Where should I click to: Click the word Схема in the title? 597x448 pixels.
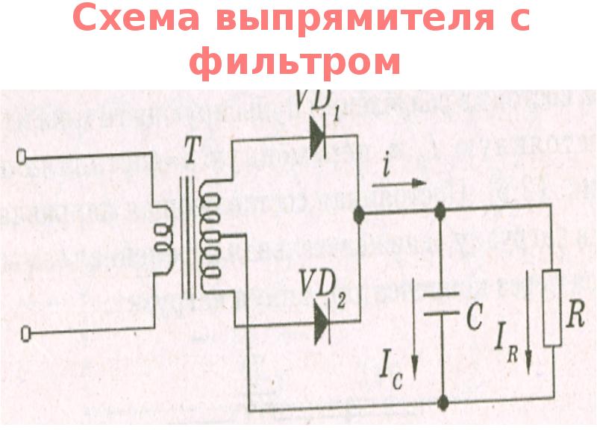tap(134, 21)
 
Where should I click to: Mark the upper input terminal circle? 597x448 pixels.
tap(22, 157)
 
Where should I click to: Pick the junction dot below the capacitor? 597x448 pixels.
tap(443, 403)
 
